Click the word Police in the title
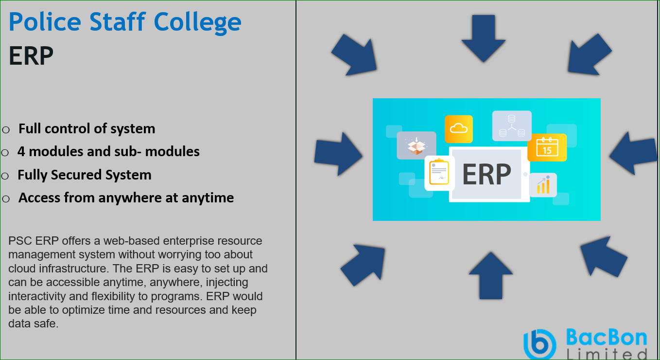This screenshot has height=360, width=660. [x=45, y=21]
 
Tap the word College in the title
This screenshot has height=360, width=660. [x=197, y=23]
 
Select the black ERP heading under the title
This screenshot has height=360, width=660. [x=31, y=56]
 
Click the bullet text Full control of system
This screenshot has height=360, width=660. [x=87, y=129]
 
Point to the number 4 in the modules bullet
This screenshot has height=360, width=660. [x=21, y=152]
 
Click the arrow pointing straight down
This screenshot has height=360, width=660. [x=484, y=38]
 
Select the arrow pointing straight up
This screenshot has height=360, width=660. [x=490, y=276]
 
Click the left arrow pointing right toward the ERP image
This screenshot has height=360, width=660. [x=338, y=154]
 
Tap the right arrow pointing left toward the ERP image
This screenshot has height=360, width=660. [x=633, y=153]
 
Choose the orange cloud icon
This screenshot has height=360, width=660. [x=459, y=129]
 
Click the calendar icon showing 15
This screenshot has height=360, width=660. [x=547, y=147]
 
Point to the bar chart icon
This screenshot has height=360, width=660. [x=543, y=185]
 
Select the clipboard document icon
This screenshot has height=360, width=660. [x=439, y=173]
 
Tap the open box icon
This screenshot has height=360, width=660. [x=417, y=145]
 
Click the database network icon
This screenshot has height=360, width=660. [x=512, y=126]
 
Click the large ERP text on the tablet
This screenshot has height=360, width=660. [x=486, y=174]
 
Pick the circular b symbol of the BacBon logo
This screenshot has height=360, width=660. [x=540, y=344]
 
